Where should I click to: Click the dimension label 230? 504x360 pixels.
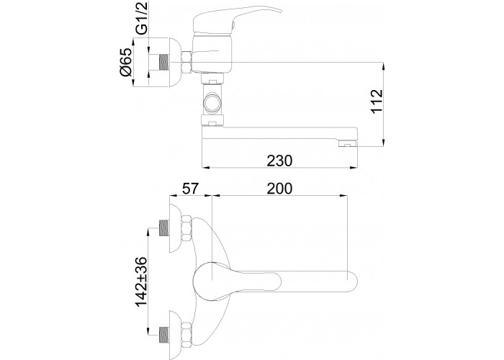pyautogui.click(x=279, y=161)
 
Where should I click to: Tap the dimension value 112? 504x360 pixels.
pyautogui.click(x=377, y=101)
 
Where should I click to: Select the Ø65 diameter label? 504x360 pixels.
pyautogui.click(x=126, y=62)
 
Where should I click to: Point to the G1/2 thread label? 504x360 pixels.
pyautogui.click(x=141, y=18)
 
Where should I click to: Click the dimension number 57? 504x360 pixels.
pyautogui.click(x=191, y=189)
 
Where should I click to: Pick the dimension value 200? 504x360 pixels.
pyautogui.click(x=279, y=189)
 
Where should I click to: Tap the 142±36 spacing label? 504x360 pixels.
pyautogui.click(x=141, y=282)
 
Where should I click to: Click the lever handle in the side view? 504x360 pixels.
pyautogui.click(x=237, y=19)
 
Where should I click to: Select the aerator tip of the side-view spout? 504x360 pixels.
pyautogui.click(x=348, y=144)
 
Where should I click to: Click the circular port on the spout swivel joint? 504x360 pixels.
pyautogui.click(x=212, y=103)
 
